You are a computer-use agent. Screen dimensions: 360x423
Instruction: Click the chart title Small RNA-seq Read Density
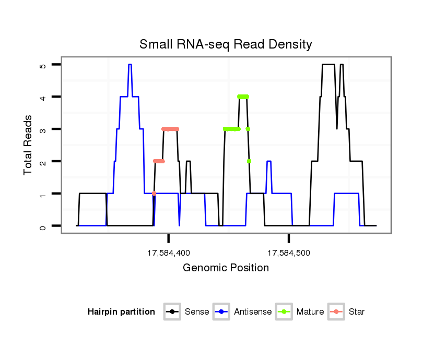tap(226, 44)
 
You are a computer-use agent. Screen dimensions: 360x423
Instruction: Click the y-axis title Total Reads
tap(29, 145)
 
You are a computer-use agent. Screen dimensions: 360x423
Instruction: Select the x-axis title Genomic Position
tap(226, 268)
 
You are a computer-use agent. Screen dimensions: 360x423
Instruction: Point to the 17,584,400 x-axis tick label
tap(169, 254)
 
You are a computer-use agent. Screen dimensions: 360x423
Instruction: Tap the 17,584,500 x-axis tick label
tap(289, 254)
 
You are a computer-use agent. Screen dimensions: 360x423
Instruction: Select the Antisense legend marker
tap(221, 312)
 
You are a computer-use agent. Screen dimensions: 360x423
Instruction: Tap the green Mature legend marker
tap(284, 312)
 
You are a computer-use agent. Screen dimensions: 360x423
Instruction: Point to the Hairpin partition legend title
tap(122, 312)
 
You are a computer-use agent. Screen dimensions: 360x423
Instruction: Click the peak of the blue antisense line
tap(130, 65)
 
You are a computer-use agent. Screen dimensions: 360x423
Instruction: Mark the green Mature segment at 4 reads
tap(243, 97)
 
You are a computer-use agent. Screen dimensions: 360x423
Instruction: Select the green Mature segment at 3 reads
tap(231, 129)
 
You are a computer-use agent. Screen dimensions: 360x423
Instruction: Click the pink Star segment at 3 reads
tap(170, 129)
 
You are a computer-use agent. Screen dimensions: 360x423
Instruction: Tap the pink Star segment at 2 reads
tap(159, 161)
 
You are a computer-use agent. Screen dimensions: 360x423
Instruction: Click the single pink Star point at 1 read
tap(154, 194)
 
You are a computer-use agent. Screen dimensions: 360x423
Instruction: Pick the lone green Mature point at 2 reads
tap(249, 161)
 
